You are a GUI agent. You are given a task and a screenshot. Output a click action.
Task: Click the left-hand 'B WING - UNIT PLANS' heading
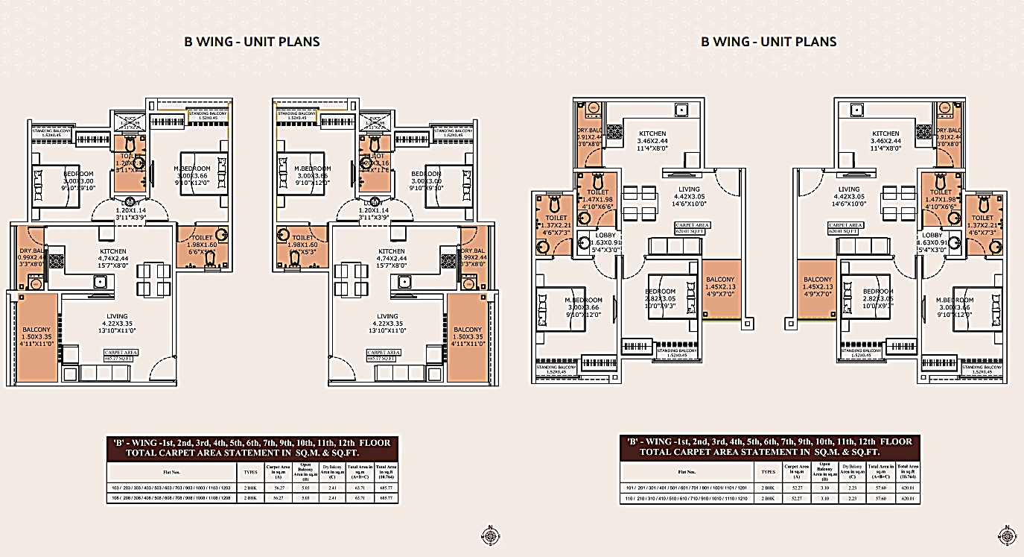pyautogui.click(x=252, y=42)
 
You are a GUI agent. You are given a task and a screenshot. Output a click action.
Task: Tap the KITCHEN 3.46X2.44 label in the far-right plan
pyautogui.click(x=886, y=143)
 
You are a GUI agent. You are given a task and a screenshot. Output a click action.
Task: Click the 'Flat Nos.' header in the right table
pyautogui.click(x=688, y=471)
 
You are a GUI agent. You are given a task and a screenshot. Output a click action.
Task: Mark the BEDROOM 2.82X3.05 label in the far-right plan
pyautogui.click(x=877, y=295)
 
